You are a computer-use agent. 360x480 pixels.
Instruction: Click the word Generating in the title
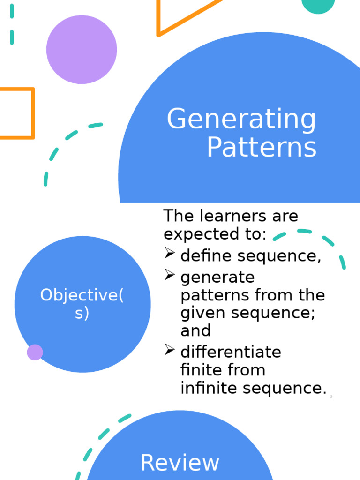point(241,120)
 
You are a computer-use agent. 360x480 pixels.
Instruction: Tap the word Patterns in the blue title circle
point(262,148)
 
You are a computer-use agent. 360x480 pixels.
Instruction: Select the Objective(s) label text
point(82,304)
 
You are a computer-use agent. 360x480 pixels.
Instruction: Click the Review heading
point(180,463)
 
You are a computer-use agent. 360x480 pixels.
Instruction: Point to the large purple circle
point(82,50)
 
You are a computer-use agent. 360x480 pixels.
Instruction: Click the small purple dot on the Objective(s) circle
point(35,352)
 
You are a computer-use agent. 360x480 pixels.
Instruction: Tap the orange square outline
point(16,113)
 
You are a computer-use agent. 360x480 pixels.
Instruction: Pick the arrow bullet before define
point(170,254)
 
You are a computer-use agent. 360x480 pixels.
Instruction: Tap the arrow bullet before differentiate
point(170,350)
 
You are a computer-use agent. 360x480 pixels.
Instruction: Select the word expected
point(197,234)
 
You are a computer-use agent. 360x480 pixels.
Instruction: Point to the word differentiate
point(231,352)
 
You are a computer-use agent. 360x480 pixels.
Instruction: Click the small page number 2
point(331,397)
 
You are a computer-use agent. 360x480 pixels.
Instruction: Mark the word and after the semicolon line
point(195,331)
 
